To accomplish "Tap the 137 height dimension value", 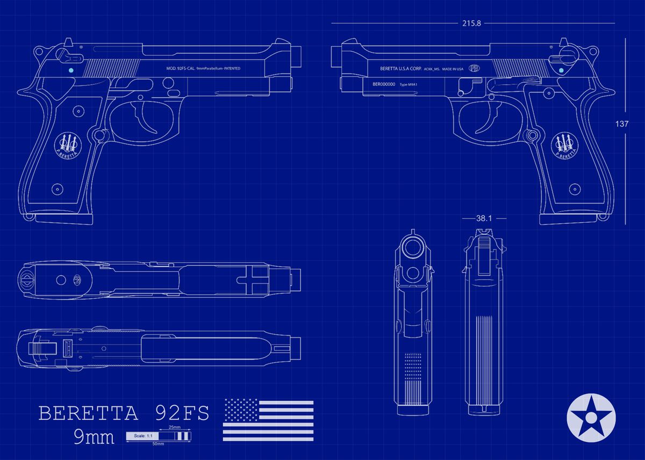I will tap(621, 123).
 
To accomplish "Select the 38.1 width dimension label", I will tap(484, 218).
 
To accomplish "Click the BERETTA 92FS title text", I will tap(124, 413).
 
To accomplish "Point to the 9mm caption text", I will tap(94, 437).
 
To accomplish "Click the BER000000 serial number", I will tap(384, 84).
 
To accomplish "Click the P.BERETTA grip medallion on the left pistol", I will tap(68, 144).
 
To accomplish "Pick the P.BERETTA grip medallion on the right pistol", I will tap(565, 144).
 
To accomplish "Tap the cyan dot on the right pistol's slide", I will tap(561, 69).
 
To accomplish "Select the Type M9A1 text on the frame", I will tap(410, 85).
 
